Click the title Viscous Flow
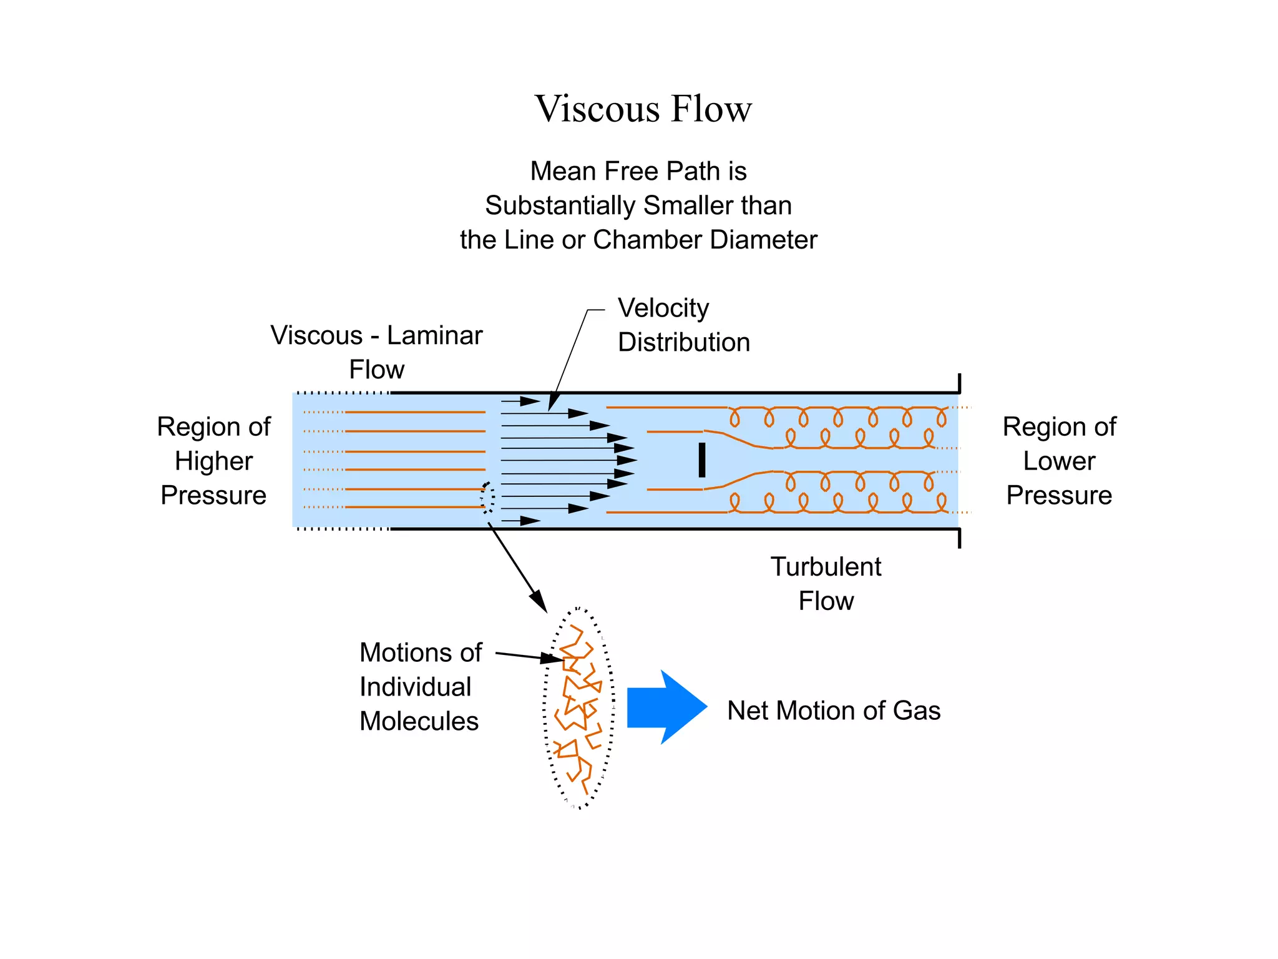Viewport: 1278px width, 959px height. click(x=643, y=109)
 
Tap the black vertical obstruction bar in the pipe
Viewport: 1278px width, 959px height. click(x=702, y=460)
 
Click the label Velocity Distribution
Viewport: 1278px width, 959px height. click(x=683, y=325)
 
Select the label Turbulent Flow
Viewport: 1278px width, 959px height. click(x=826, y=584)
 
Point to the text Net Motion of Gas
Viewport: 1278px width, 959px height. click(x=834, y=711)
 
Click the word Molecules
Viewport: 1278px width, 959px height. click(x=419, y=721)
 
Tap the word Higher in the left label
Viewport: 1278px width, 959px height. click(x=213, y=461)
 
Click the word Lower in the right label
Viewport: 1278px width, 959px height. click(x=1059, y=461)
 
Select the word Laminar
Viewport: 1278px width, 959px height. click(x=434, y=336)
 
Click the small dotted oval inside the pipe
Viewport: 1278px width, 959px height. click(x=488, y=498)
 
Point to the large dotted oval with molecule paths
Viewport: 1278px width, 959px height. click(x=579, y=707)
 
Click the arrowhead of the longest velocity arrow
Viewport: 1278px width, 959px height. click(x=627, y=460)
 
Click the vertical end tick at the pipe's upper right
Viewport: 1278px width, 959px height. click(x=959, y=383)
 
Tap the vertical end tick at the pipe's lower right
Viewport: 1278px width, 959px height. click(x=959, y=538)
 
